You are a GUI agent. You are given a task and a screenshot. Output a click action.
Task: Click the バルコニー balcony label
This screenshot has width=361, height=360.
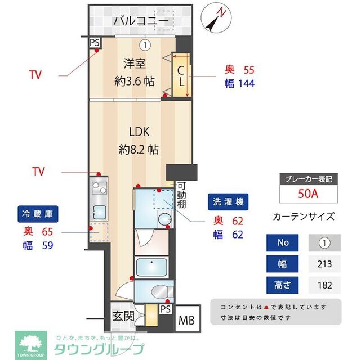[x=141, y=21]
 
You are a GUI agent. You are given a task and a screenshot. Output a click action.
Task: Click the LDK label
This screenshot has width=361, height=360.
[x=139, y=132]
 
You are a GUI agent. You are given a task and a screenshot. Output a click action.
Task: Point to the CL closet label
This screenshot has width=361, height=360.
[x=181, y=75]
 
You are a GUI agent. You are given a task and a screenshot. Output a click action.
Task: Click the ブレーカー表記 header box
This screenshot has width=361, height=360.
[x=309, y=179]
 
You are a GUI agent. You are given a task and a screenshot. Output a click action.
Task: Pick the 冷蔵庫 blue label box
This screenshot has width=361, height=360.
[x=38, y=214]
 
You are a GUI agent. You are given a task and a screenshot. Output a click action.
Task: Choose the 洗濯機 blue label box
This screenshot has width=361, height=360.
[x=228, y=201]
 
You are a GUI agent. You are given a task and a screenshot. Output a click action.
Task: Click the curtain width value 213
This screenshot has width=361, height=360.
[x=324, y=263]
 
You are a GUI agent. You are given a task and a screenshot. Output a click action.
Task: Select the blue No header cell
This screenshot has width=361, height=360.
[x=284, y=243]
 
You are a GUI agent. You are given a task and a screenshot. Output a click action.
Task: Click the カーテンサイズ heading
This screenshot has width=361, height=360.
[x=304, y=217]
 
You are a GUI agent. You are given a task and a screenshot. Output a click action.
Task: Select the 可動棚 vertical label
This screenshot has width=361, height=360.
[x=181, y=195]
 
